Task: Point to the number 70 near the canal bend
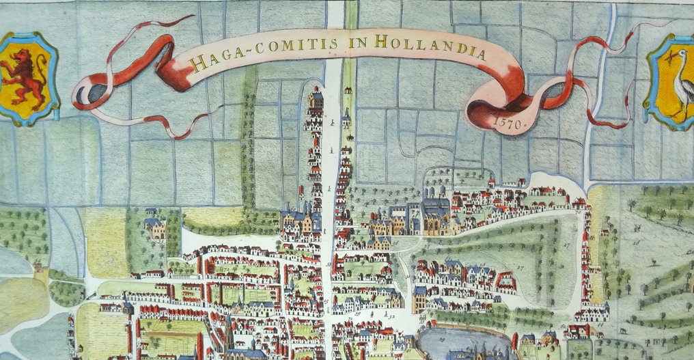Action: (x=579, y=213)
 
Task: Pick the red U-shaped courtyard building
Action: (x=505, y=280)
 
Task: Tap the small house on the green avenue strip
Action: (x=348, y=89)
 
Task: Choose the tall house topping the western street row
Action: (x=315, y=102)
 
